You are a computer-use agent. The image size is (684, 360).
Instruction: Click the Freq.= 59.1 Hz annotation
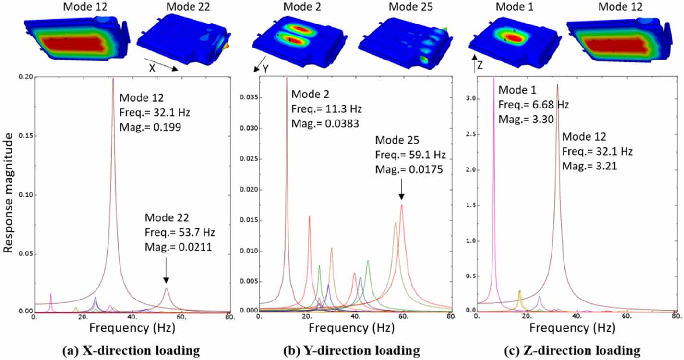pos(410,155)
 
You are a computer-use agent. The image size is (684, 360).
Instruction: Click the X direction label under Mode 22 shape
pos(152,68)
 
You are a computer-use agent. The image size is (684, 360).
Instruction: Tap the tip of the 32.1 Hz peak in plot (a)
pos(113,79)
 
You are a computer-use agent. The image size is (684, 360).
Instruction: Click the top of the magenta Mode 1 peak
pos(494,79)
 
